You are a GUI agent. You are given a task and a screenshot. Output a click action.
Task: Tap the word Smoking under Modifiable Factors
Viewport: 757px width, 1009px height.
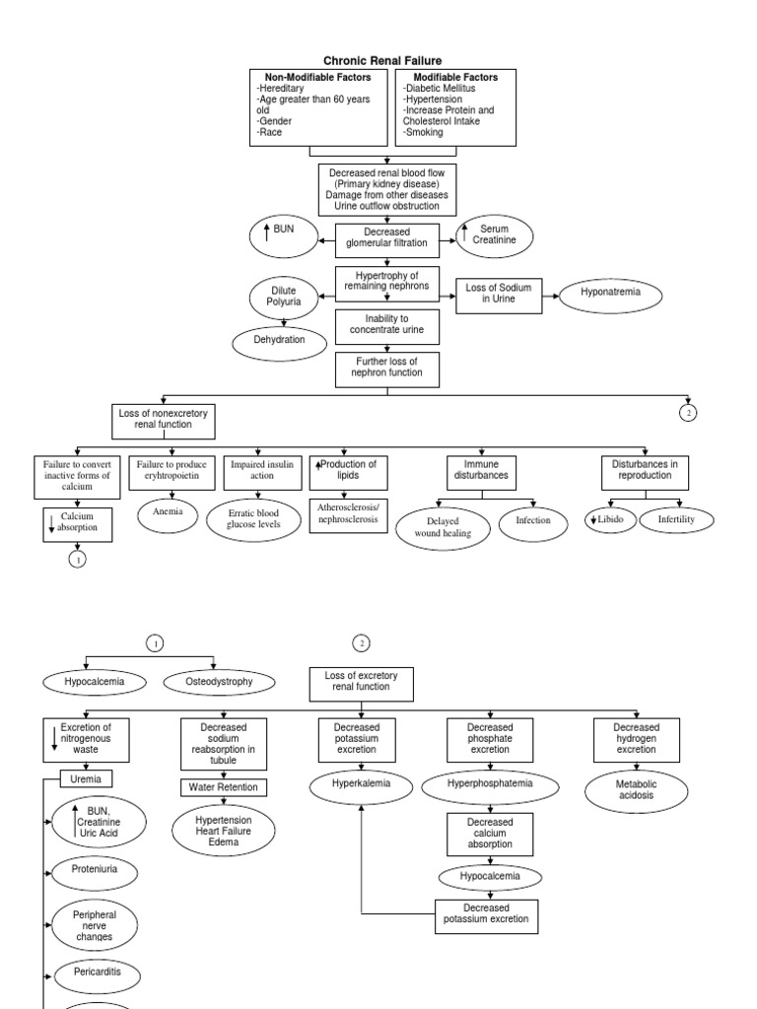pos(423,132)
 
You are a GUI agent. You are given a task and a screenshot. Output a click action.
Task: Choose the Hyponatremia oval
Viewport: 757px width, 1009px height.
pos(610,294)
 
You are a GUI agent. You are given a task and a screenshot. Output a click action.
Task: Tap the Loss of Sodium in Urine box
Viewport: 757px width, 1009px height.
pos(498,293)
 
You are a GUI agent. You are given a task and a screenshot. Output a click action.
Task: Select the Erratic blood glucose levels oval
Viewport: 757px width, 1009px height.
pos(254,519)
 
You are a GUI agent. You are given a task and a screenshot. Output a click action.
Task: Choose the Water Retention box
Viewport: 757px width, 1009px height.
pos(223,787)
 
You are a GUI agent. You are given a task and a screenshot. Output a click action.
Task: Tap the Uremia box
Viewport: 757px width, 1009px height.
pos(86,778)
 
